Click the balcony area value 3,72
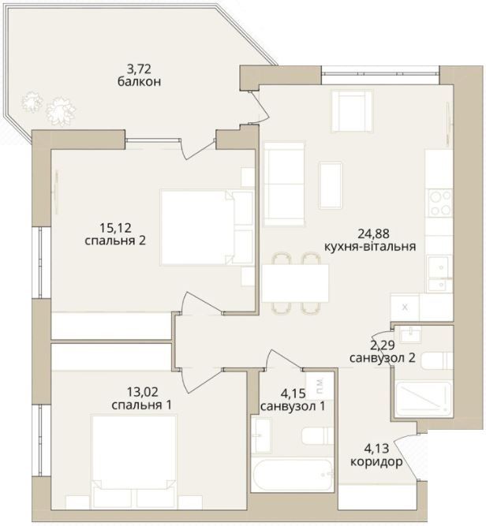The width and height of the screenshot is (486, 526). (139, 69)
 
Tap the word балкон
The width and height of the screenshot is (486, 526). (140, 81)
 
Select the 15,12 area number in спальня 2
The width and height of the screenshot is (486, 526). (115, 228)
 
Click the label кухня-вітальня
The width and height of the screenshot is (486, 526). (370, 247)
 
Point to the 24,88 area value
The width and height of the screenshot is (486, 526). (373, 233)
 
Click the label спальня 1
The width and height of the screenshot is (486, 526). (142, 405)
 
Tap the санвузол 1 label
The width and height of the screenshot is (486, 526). (293, 406)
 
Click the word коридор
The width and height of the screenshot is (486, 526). (376, 462)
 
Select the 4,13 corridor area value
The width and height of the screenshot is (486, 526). (376, 448)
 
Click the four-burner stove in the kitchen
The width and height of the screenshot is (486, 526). (439, 203)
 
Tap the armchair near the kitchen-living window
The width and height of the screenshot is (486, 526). (352, 111)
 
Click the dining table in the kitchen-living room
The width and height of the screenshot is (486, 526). (295, 283)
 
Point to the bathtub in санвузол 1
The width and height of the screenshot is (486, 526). (293, 476)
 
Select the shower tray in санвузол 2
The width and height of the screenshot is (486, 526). (424, 399)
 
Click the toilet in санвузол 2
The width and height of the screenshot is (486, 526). (437, 360)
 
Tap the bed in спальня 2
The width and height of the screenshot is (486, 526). (207, 228)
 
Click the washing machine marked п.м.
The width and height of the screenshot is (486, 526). (320, 386)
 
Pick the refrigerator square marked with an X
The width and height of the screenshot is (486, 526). (405, 308)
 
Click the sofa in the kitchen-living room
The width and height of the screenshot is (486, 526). (284, 184)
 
